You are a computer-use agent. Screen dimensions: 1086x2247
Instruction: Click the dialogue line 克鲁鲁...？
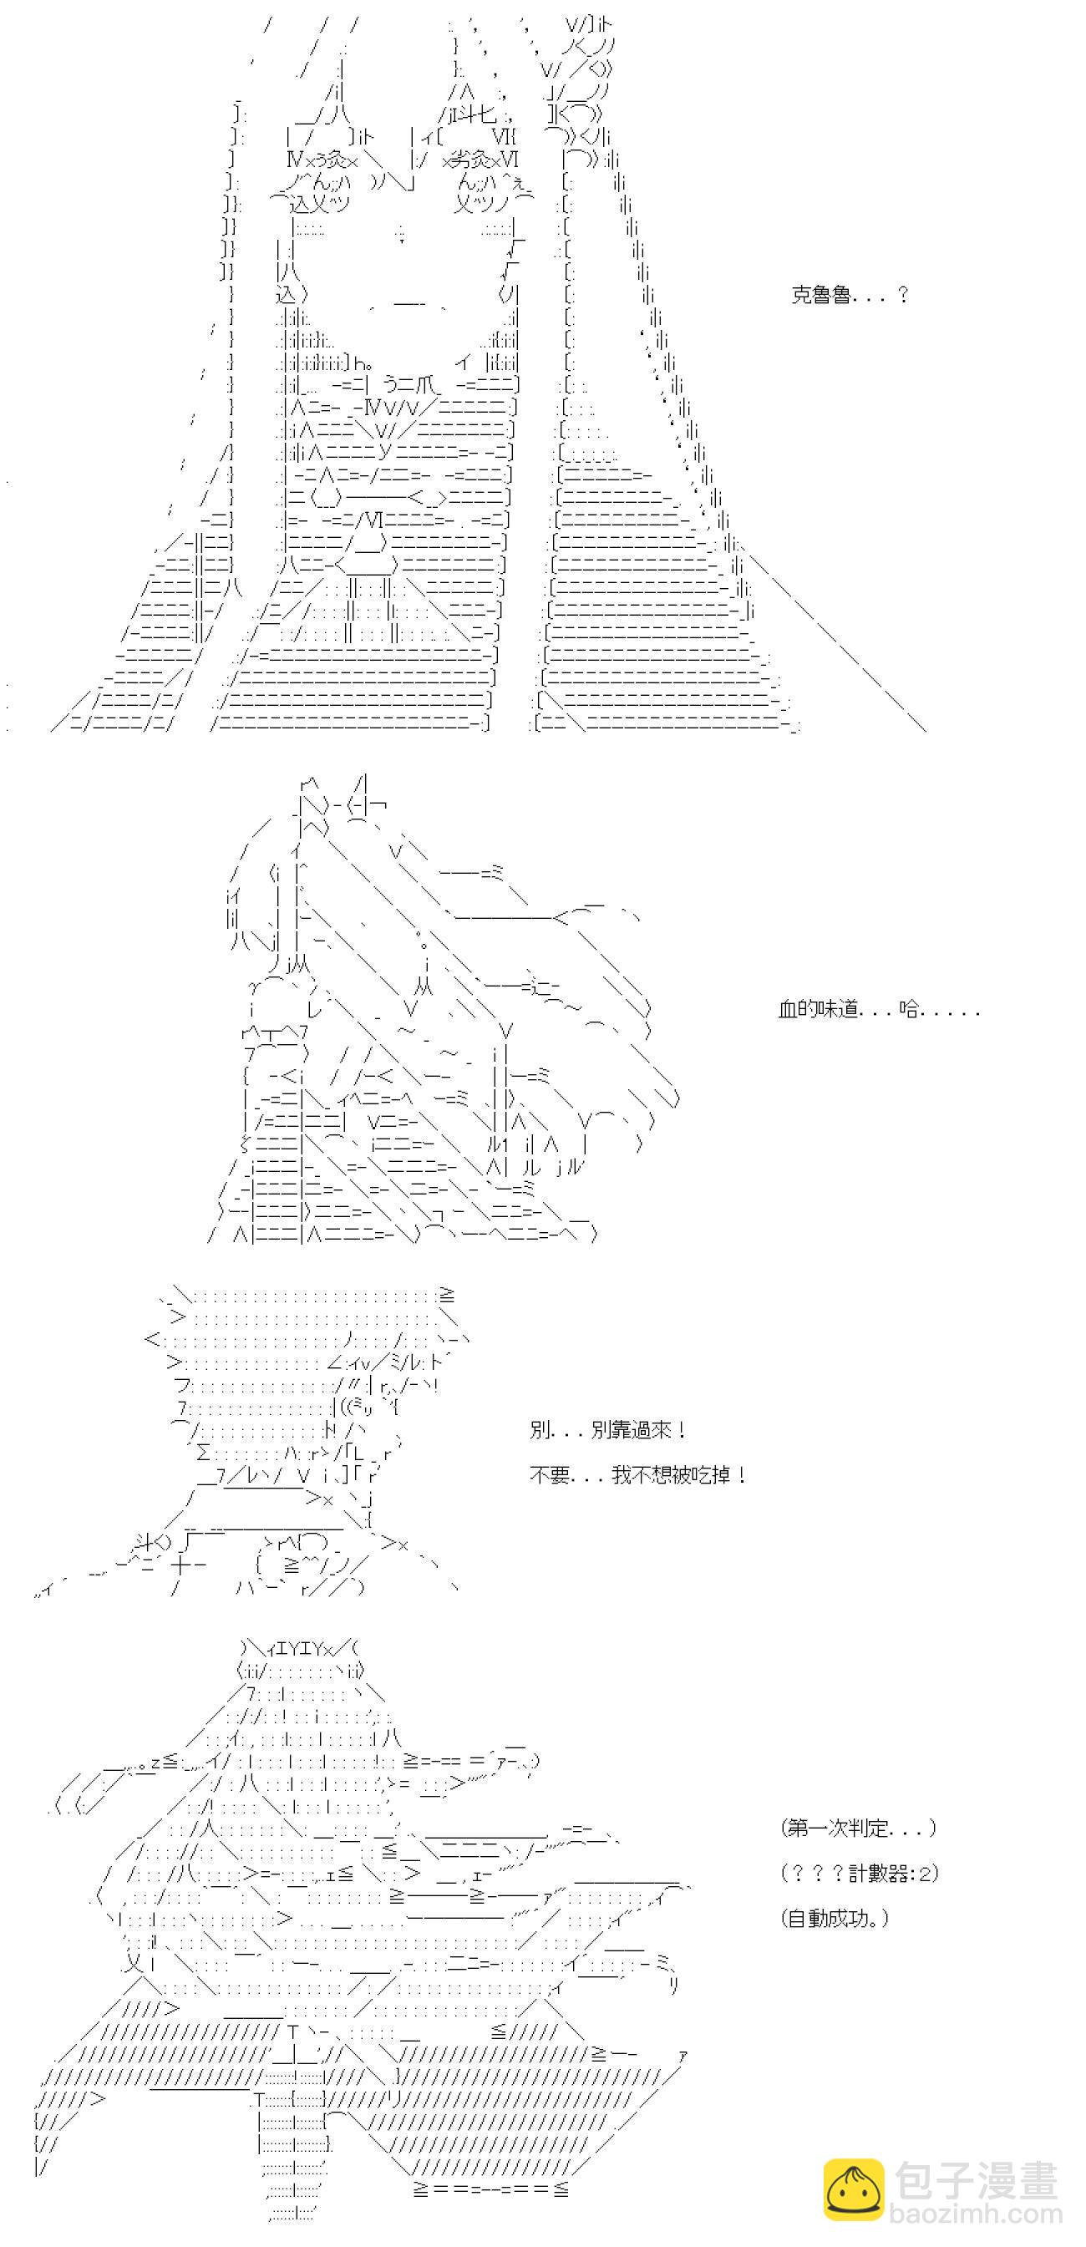click(x=850, y=295)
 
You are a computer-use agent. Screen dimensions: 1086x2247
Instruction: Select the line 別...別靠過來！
click(x=607, y=1430)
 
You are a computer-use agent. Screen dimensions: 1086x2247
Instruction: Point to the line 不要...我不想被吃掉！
click(x=637, y=1475)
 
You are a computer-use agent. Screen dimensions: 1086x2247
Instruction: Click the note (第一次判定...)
click(x=858, y=1828)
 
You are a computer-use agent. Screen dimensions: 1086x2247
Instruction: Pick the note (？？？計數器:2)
click(x=860, y=1873)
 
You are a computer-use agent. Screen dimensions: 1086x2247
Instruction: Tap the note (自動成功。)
click(x=834, y=1918)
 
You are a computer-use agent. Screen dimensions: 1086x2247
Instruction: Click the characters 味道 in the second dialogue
click(x=838, y=1009)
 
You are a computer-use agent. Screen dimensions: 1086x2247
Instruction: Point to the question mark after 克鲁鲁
click(x=902, y=295)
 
